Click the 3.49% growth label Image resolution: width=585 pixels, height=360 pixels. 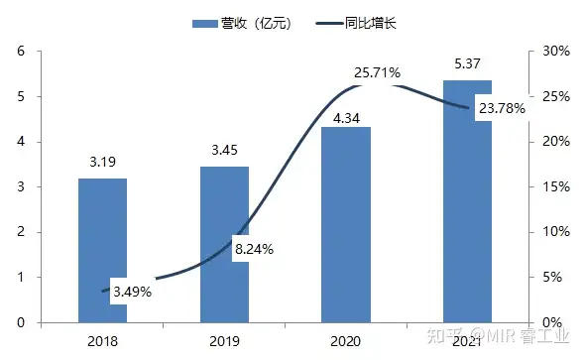point(132,292)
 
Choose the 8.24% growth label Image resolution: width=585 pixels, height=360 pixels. point(254,249)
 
